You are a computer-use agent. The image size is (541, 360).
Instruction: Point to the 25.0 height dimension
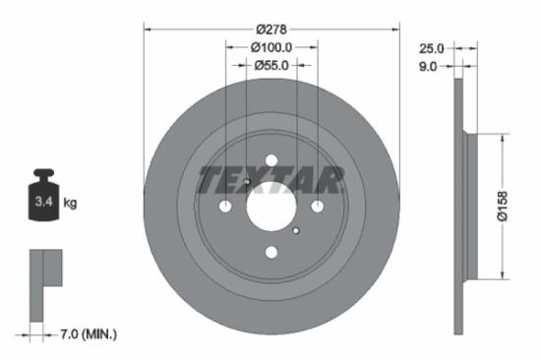pos(432,47)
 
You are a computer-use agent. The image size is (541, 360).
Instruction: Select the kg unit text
pos(71,204)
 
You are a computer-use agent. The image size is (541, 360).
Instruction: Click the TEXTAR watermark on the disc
pos(271,180)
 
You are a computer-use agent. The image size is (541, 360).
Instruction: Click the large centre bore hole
pos(271,207)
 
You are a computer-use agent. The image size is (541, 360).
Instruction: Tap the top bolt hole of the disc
pos(271,160)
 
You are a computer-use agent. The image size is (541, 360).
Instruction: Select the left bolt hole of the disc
pos(225,207)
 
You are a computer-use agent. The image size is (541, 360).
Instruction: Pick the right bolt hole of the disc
pos(318,207)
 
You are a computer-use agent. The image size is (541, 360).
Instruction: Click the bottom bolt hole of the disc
pos(271,253)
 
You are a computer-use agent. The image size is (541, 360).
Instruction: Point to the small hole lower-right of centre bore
pos(295,230)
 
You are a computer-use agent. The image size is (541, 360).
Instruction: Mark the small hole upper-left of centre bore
pos(247,182)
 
